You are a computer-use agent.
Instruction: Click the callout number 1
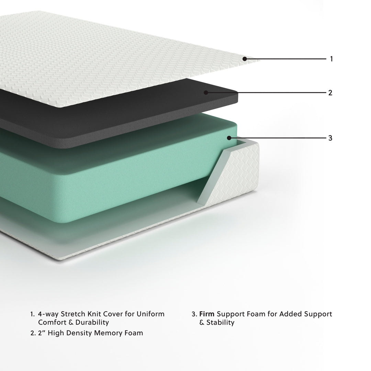(x=331, y=59)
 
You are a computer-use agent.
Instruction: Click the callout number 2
(x=330, y=93)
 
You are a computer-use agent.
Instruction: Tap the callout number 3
(x=330, y=138)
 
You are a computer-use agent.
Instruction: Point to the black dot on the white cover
(x=245, y=59)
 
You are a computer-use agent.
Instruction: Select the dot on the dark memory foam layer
(x=206, y=92)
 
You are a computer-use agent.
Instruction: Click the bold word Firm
(x=207, y=314)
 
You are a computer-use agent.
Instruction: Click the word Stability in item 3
(x=221, y=323)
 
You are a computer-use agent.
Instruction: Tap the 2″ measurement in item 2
(x=42, y=333)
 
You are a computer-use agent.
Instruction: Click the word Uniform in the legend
(x=150, y=314)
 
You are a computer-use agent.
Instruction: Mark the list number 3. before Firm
(x=194, y=314)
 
